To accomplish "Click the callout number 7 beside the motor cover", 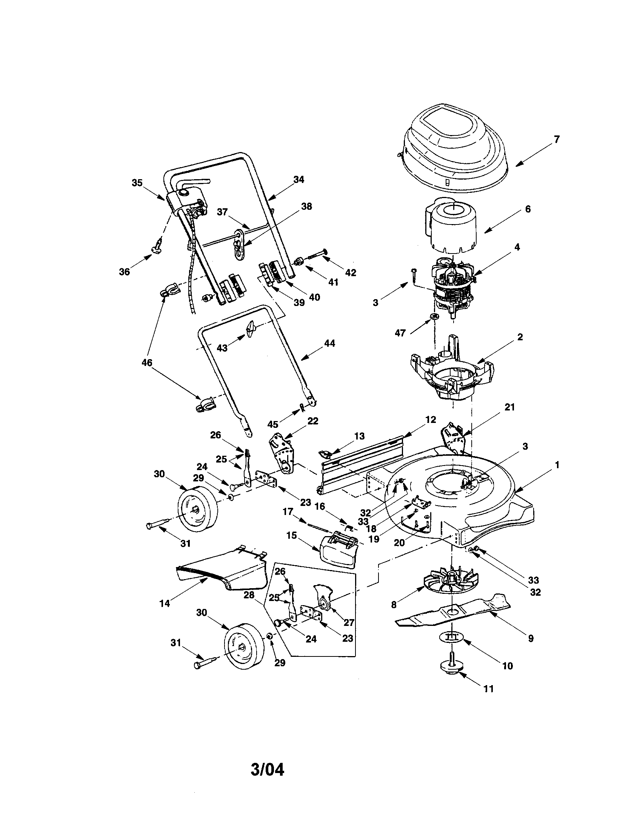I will click(556, 140).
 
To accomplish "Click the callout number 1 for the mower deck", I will click(557, 464).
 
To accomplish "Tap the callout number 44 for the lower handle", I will click(329, 343).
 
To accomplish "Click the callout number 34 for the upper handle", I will click(299, 180).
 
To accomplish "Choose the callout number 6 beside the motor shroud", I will click(528, 209).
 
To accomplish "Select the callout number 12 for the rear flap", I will click(431, 420).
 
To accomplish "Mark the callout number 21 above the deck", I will click(509, 407).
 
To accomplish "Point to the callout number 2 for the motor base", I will click(520, 337).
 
